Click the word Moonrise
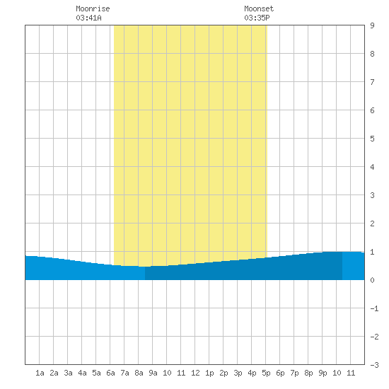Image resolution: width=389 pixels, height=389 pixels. (93, 8)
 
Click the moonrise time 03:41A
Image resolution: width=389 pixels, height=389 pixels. (88, 18)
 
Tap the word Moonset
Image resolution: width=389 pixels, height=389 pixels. (259, 8)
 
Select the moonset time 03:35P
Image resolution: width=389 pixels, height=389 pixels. (257, 18)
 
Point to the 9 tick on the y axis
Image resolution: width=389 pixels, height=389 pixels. (372, 25)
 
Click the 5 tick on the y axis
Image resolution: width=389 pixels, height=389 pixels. (372, 139)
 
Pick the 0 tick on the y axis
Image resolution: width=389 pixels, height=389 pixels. (372, 280)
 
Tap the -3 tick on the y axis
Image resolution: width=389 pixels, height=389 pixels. (375, 365)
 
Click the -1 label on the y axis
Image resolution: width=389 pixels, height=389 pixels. (375, 308)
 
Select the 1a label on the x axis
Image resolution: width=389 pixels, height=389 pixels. (40, 373)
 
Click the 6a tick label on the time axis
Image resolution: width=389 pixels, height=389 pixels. (110, 373)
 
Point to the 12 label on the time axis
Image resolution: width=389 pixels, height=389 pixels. (195, 373)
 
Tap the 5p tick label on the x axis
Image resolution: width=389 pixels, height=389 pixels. (266, 373)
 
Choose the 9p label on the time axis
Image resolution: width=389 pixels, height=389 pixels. (323, 373)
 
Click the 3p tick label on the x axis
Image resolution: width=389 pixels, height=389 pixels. (238, 373)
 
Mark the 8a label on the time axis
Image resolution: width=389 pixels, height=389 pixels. (139, 373)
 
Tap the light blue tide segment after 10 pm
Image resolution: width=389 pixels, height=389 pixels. (353, 266)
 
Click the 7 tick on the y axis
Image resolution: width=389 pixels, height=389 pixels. (372, 82)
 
